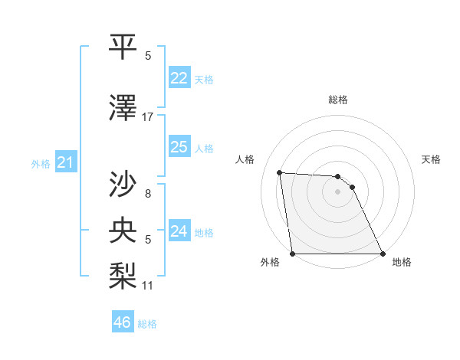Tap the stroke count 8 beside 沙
tap(147, 194)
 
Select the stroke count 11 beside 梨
tap(147, 286)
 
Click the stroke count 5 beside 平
tap(147, 56)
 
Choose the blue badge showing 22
tap(179, 77)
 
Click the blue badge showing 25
tap(179, 146)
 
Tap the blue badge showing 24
tap(179, 231)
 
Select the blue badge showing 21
tap(65, 162)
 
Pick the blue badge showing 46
tap(122, 322)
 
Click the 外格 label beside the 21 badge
tap(41, 163)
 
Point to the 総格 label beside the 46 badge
tap(147, 324)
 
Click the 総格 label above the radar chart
tap(338, 100)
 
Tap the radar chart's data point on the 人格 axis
tap(280, 172)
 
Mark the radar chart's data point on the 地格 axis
tap(382, 254)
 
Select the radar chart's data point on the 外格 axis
tap(293, 254)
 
